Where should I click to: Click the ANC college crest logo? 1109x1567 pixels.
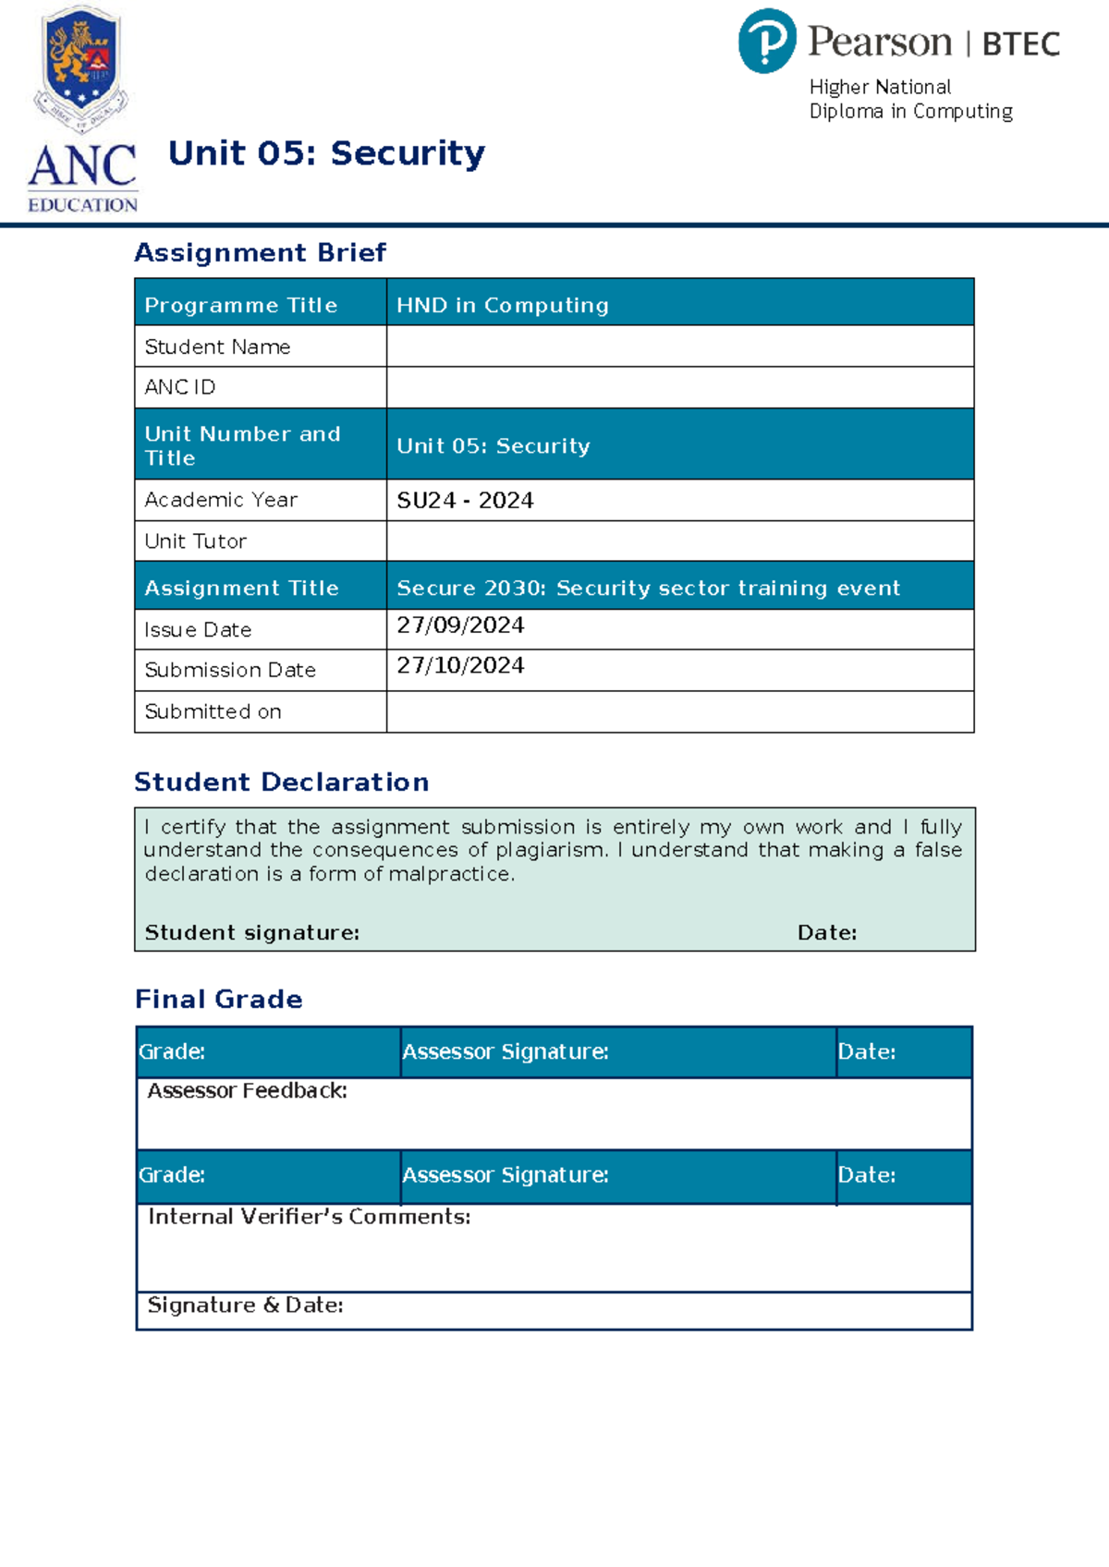(x=81, y=69)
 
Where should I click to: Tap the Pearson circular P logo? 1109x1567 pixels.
(x=766, y=42)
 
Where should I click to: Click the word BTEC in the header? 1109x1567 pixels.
(x=1020, y=44)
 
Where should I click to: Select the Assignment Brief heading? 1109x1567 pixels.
(x=260, y=252)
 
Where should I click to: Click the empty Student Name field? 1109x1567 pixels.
(x=679, y=346)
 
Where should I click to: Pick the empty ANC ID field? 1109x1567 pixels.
(x=679, y=387)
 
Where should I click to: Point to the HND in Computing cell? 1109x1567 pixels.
(x=503, y=305)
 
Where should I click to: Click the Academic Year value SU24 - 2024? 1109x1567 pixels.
(x=465, y=500)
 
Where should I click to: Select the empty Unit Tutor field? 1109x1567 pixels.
(x=679, y=541)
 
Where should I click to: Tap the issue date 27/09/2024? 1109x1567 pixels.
(x=460, y=626)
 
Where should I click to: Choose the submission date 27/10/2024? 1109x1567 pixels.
(x=460, y=665)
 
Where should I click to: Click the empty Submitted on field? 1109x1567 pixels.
(x=679, y=711)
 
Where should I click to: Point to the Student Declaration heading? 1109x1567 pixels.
(x=281, y=782)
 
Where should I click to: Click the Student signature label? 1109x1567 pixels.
(x=251, y=933)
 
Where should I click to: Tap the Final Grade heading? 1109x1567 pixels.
(x=218, y=999)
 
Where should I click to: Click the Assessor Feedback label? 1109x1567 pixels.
(x=247, y=1091)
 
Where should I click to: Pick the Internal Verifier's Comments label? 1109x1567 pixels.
(x=309, y=1217)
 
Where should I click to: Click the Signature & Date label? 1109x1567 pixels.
(x=245, y=1306)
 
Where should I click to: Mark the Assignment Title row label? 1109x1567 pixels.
(x=241, y=588)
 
